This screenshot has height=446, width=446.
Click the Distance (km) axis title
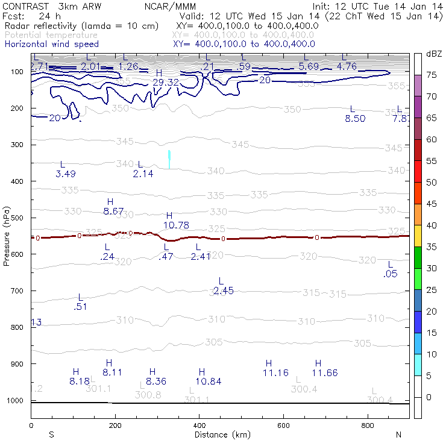pos(219,435)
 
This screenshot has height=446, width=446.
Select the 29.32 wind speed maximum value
pos(165,82)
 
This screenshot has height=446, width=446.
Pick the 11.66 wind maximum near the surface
pos(325,373)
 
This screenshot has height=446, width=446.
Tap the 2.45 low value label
pos(223,291)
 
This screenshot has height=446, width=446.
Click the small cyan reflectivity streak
pos(169,159)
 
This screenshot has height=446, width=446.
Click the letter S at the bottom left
pos(51,435)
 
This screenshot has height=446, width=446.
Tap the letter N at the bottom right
pos(398,435)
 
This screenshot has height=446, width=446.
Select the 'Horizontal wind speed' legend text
pos(52,44)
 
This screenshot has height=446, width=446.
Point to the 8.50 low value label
pos(355,119)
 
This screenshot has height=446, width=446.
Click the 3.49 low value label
pos(66,174)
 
